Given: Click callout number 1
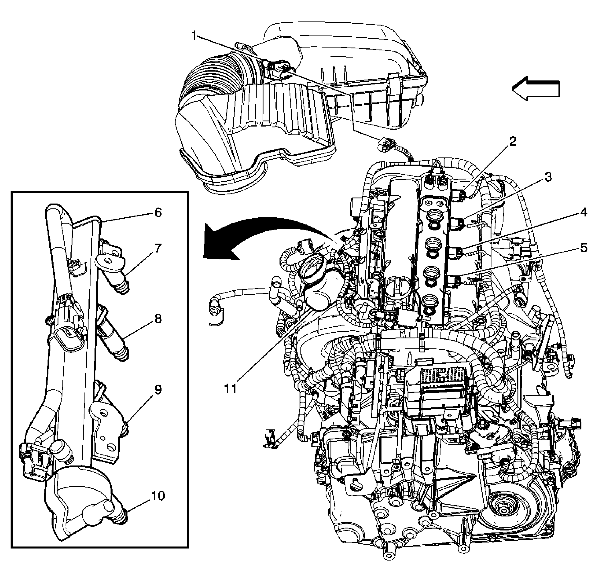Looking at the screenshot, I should click(x=194, y=36).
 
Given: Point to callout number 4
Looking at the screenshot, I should click(x=583, y=212).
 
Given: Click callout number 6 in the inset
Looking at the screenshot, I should click(x=158, y=212).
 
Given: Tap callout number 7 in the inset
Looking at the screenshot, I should click(x=158, y=248).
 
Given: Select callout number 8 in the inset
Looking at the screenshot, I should click(x=158, y=319).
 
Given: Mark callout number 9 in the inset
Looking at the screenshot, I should click(x=158, y=390).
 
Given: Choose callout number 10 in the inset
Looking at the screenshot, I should click(x=158, y=496).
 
